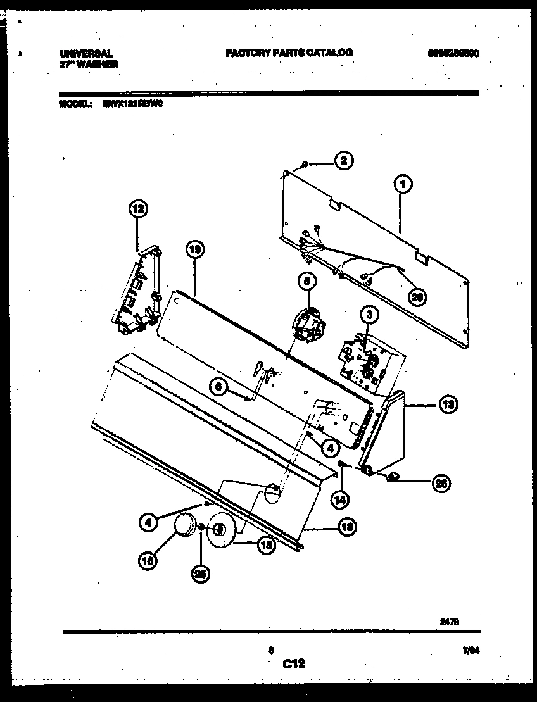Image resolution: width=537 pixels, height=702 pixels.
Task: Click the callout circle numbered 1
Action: (x=402, y=184)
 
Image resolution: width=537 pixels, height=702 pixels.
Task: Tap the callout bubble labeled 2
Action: (x=343, y=161)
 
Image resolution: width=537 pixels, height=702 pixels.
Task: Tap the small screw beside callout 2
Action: (x=305, y=165)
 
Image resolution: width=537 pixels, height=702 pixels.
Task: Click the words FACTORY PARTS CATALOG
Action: (x=289, y=54)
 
